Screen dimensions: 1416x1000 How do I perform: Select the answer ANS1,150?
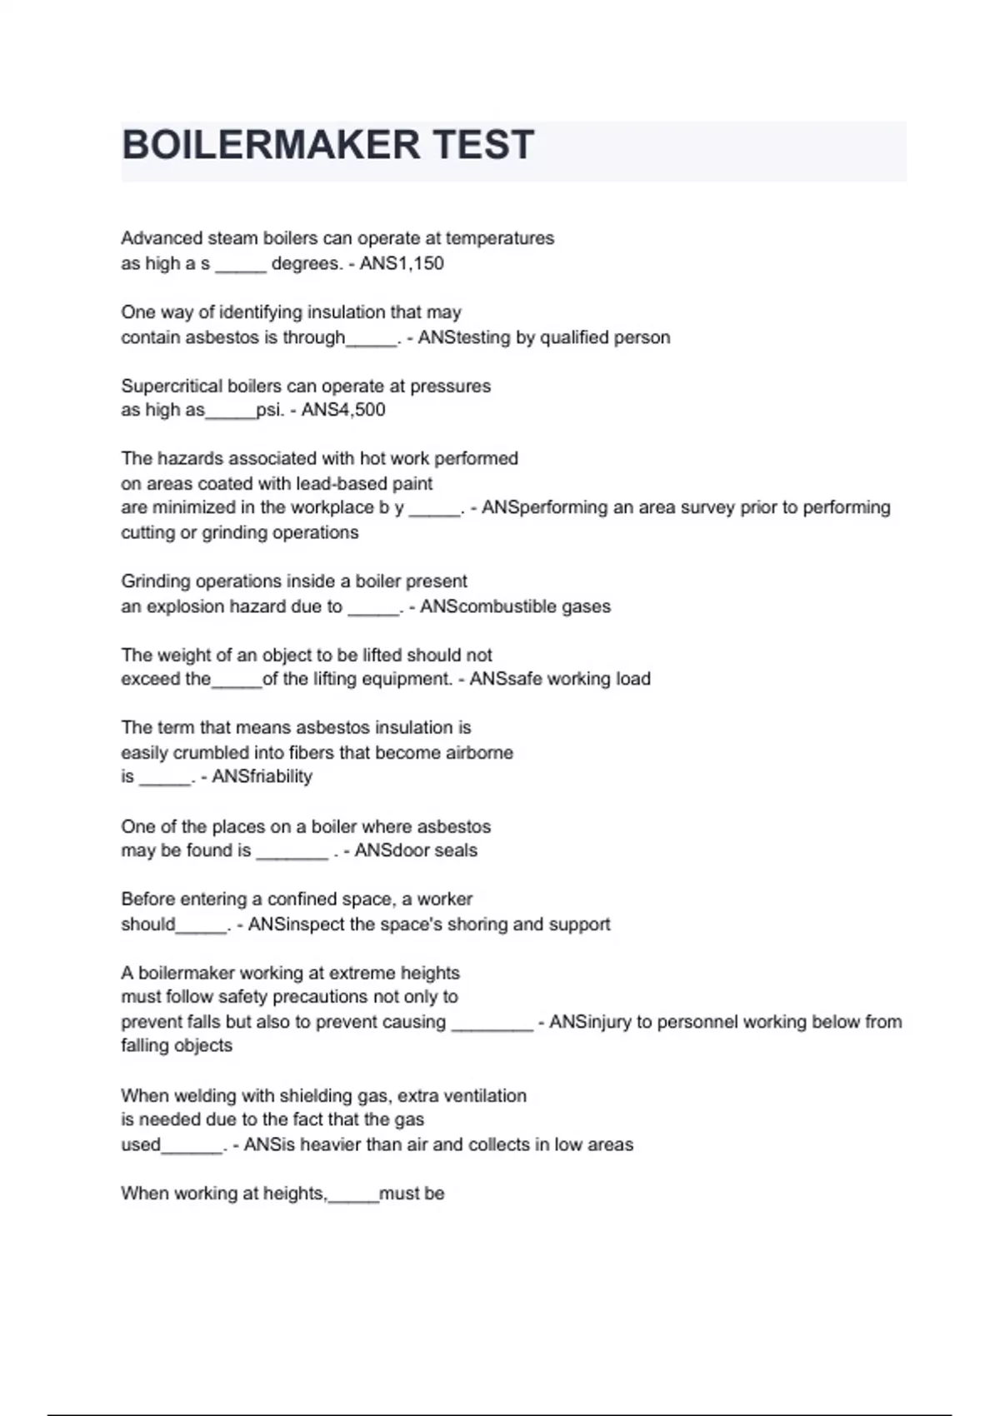pos(402,264)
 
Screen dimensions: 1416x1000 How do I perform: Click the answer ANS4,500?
pos(343,410)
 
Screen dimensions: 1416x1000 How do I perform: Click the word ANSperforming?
pos(545,507)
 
